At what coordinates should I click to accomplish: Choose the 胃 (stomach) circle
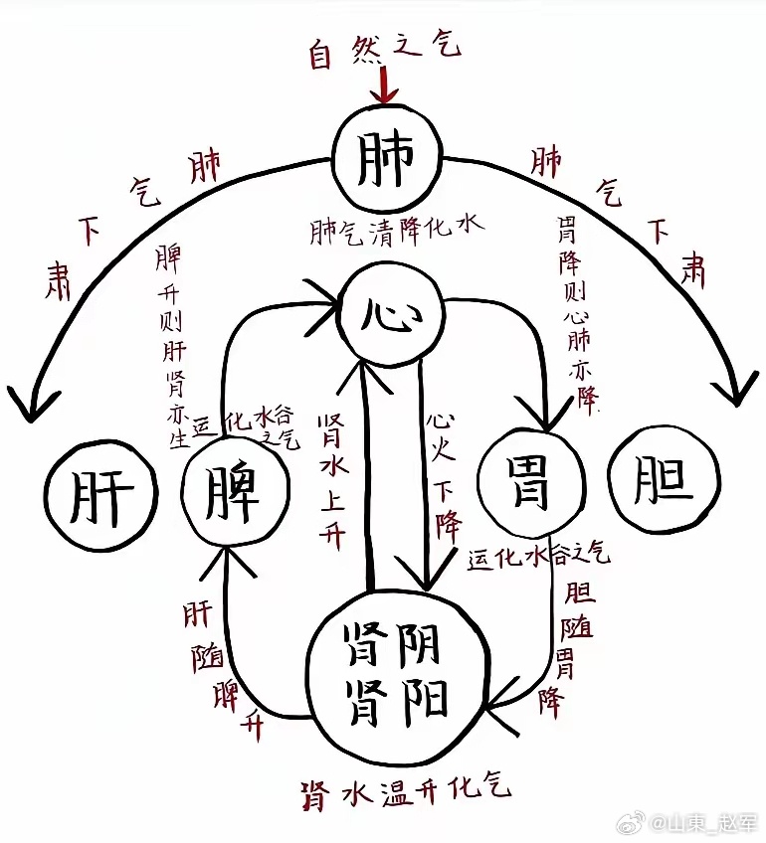coord(530,484)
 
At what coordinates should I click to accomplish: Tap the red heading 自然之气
coord(384,50)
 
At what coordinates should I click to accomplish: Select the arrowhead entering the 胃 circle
coord(545,418)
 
